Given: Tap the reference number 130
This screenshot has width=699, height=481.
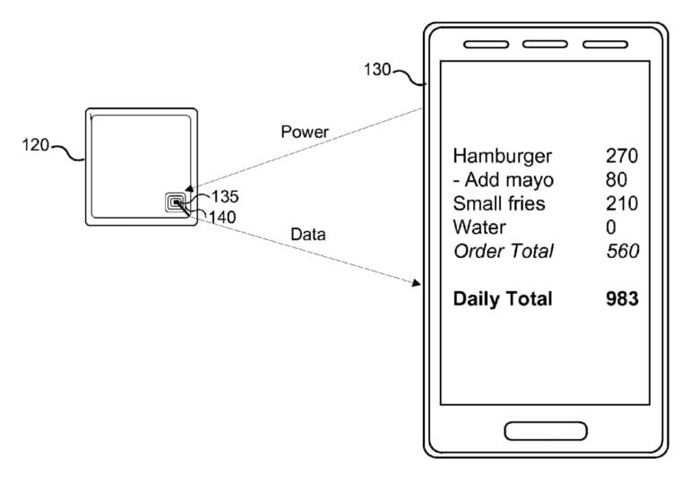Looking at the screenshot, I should tap(377, 69).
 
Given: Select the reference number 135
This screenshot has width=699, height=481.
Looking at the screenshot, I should tap(225, 197).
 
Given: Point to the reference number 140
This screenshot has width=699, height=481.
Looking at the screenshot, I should tap(224, 216).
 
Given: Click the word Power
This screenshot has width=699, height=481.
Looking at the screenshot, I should tap(305, 132).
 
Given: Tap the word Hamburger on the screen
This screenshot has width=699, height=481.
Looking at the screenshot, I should tap(502, 156).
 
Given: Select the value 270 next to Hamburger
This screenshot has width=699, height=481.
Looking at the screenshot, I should tap(621, 156).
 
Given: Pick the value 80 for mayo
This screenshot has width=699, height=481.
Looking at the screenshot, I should tap(617, 180).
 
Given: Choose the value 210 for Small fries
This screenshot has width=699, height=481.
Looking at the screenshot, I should tap(621, 203).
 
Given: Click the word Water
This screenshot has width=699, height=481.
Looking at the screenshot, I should tap(479, 228).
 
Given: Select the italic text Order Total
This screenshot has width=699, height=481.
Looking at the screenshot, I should tap(504, 251).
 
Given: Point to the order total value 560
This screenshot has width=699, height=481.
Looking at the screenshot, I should tap(622, 251).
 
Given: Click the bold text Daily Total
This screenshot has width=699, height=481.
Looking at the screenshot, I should tap(503, 298).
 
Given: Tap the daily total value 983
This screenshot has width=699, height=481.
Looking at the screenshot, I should tap(621, 298).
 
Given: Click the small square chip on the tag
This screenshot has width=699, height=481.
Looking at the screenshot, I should tap(175, 203).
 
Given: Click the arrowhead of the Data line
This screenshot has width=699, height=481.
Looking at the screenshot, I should tap(416, 284).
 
